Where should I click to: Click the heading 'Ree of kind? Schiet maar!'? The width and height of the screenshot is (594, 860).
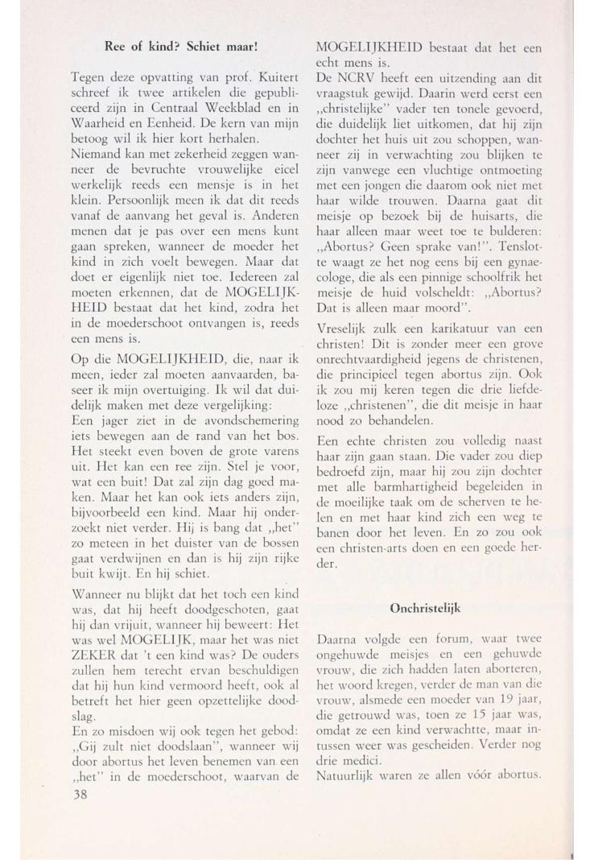click(180, 47)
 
